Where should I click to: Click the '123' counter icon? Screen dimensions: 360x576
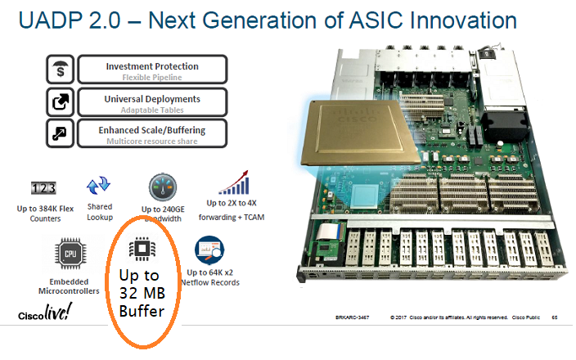[x=43, y=188]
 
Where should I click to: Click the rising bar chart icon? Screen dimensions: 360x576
[x=233, y=182]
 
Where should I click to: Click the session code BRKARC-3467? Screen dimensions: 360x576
[x=354, y=315]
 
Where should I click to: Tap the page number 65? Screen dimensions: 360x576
[x=555, y=315]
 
